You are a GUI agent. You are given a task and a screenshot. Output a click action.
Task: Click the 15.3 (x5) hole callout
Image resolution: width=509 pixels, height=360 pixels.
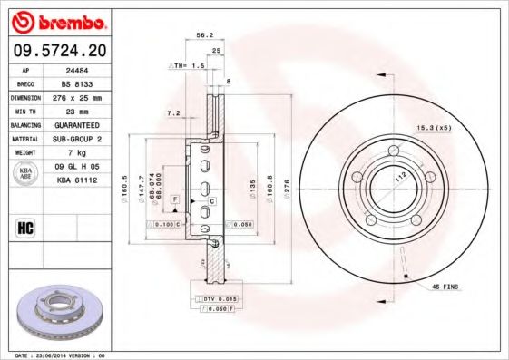pos(434,127)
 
